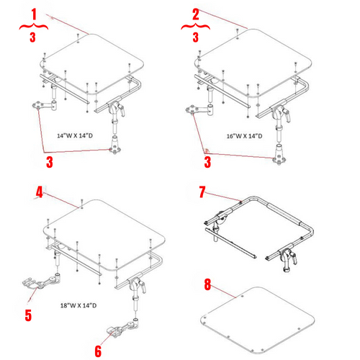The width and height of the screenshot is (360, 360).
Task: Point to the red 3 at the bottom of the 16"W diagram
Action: click(x=207, y=163)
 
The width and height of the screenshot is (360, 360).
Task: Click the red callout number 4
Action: click(x=40, y=193)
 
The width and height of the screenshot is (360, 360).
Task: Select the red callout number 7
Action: click(x=202, y=193)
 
